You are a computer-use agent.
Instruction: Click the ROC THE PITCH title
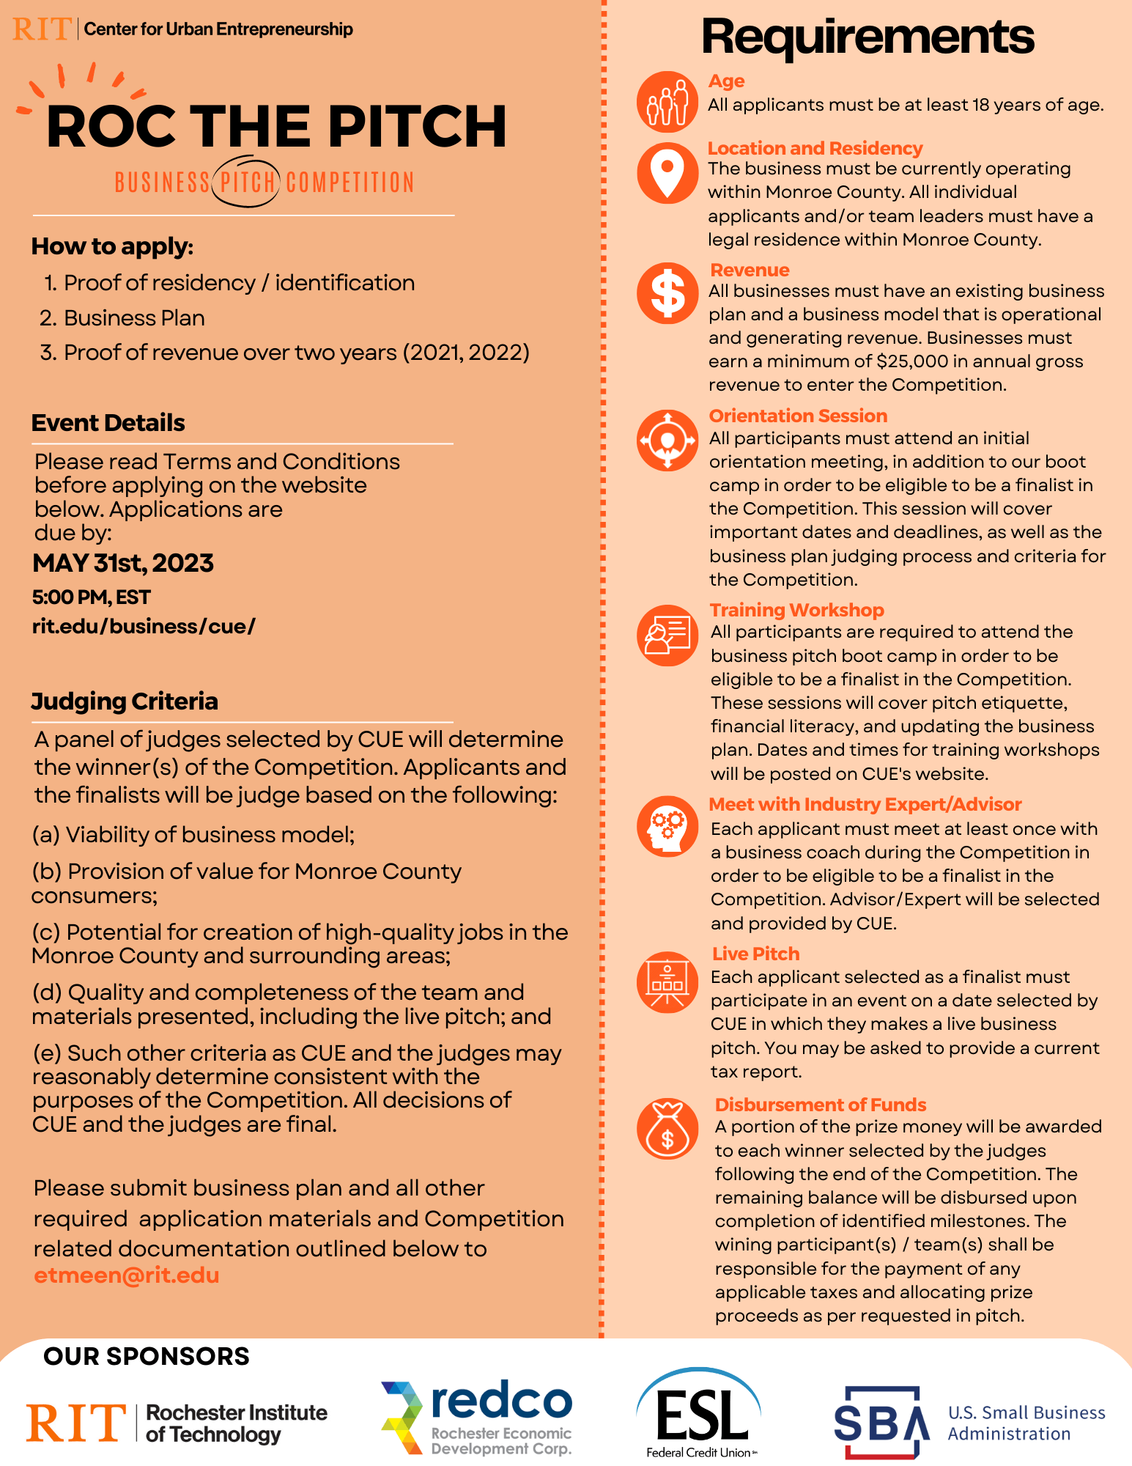(x=276, y=127)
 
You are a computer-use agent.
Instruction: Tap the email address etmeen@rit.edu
(x=127, y=1275)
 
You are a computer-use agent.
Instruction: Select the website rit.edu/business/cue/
(x=144, y=627)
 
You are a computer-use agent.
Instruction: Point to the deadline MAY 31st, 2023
(x=123, y=563)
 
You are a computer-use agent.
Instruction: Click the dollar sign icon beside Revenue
(x=667, y=293)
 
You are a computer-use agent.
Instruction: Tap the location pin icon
(x=667, y=172)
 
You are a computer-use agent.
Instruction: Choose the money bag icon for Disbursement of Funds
(x=667, y=1129)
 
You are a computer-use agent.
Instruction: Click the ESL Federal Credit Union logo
(x=699, y=1413)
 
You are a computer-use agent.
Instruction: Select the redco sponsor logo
(x=476, y=1418)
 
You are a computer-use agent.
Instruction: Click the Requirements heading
(x=868, y=37)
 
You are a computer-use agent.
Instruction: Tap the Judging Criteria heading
(x=125, y=701)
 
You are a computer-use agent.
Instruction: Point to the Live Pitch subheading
(x=755, y=954)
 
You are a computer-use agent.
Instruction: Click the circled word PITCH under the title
(x=247, y=182)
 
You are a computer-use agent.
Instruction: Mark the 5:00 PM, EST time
(x=92, y=597)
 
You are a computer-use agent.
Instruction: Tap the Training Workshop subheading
(x=796, y=610)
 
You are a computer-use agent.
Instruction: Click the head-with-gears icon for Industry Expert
(x=667, y=826)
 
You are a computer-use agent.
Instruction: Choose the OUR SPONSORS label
(x=147, y=1356)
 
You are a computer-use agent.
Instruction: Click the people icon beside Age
(x=667, y=102)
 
